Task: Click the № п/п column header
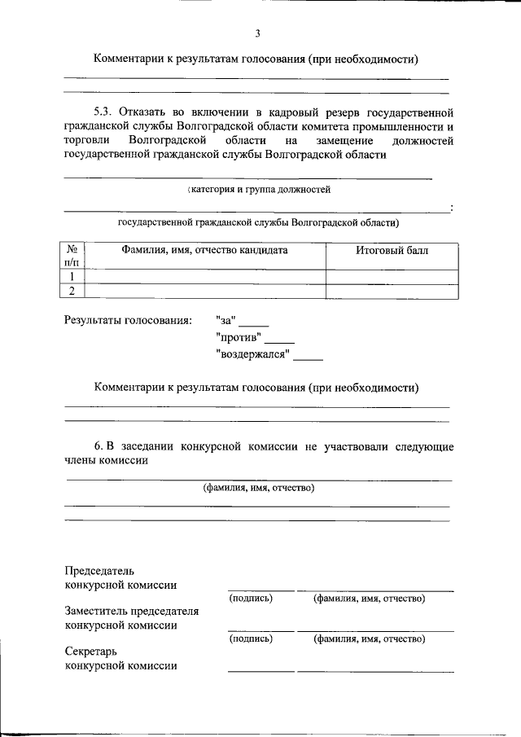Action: coord(72,257)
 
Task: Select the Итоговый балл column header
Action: coord(392,251)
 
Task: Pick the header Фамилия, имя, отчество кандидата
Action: coord(204,251)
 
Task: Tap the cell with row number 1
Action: coord(72,276)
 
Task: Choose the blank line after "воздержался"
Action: coord(308,358)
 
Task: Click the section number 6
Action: coord(99,446)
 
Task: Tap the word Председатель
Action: coord(99,571)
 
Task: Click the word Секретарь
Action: coord(91,651)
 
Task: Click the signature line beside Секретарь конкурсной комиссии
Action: coord(260,670)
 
